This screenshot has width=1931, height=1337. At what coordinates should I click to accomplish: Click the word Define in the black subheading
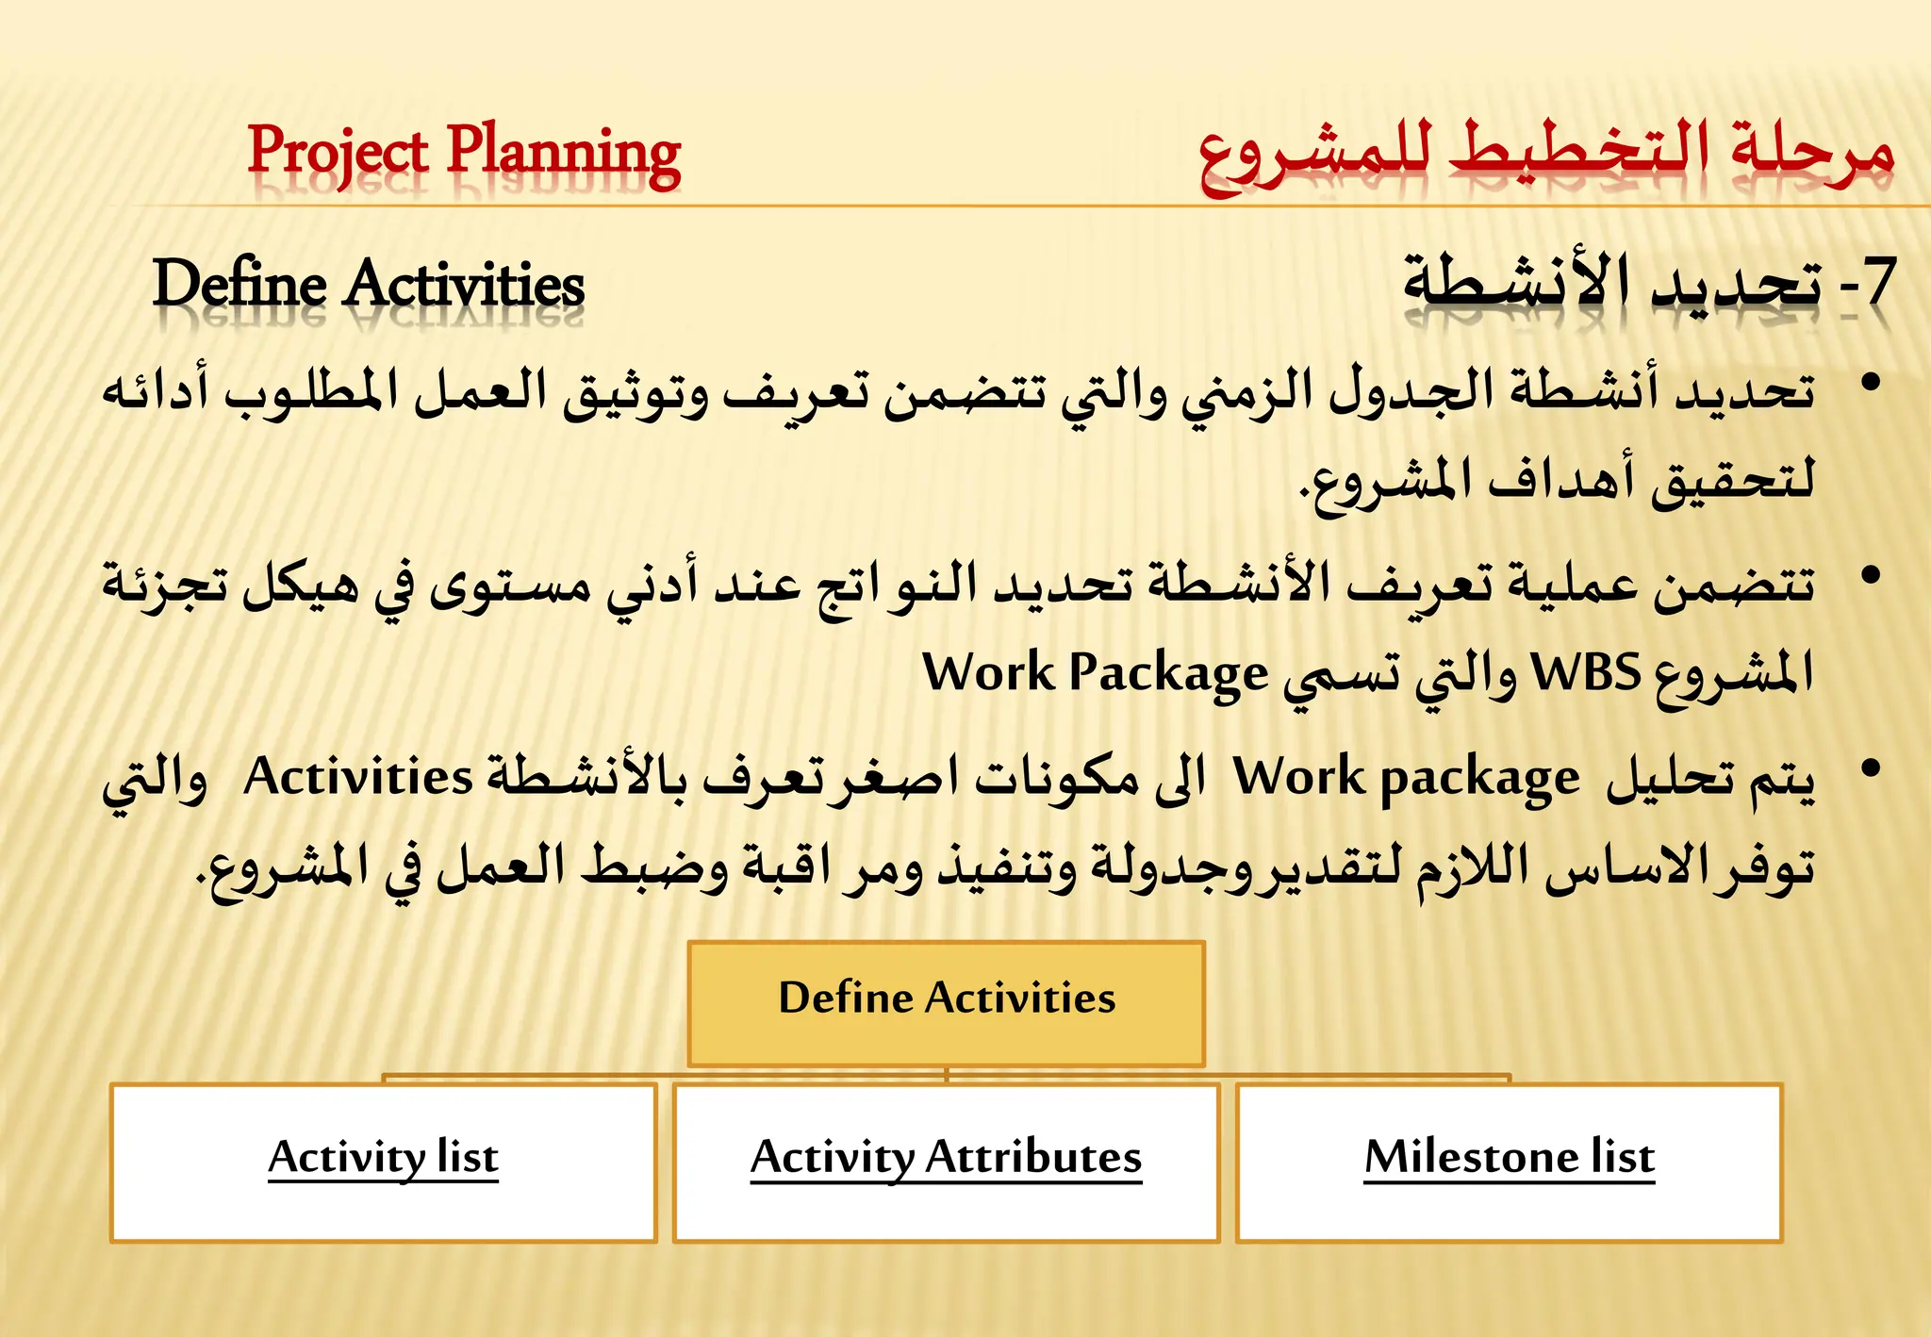[239, 284]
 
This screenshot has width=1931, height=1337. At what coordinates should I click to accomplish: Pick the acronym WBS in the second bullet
[1586, 673]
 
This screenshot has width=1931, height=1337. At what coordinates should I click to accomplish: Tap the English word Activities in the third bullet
[357, 778]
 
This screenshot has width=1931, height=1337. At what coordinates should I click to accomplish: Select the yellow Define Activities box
[946, 1003]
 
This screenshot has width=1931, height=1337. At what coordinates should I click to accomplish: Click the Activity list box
[383, 1162]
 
